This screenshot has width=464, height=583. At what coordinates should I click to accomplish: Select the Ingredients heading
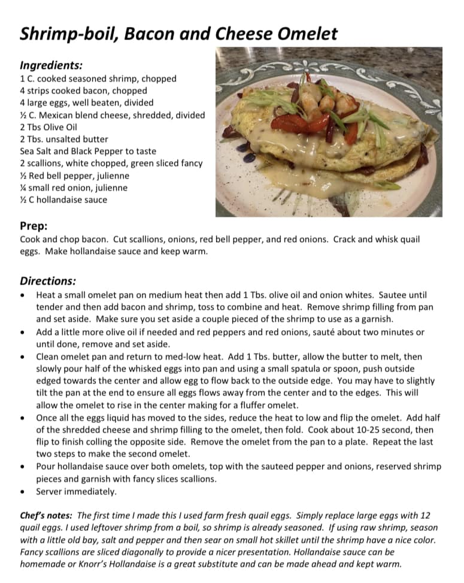point(51,65)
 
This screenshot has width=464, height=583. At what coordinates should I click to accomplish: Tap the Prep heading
point(34,226)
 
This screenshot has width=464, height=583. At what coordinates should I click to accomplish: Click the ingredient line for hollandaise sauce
point(63,200)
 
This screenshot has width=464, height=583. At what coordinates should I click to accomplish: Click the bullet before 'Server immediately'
point(22,492)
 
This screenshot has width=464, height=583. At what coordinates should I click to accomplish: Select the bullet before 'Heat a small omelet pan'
point(22,295)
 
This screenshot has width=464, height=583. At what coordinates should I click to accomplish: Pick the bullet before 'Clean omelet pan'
point(22,357)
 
